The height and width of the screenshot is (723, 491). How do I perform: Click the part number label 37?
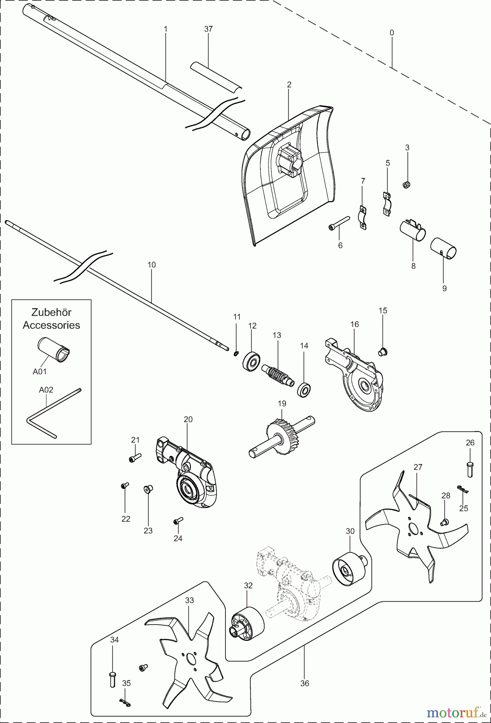pos(208,29)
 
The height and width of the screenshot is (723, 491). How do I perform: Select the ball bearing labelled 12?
pos(252,361)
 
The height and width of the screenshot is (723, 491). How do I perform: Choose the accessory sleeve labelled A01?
pos(55,349)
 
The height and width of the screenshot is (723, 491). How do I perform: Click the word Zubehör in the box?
pos(51,312)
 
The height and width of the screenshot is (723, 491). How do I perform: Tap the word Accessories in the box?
pos(51,325)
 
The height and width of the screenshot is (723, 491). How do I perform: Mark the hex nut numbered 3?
pos(406,185)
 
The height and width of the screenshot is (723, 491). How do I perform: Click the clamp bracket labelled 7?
pos(362,218)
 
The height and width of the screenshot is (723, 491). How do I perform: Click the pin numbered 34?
pos(112,679)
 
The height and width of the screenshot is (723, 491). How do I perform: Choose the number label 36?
pos(305,683)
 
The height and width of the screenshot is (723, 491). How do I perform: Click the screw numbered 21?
pos(135,458)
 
